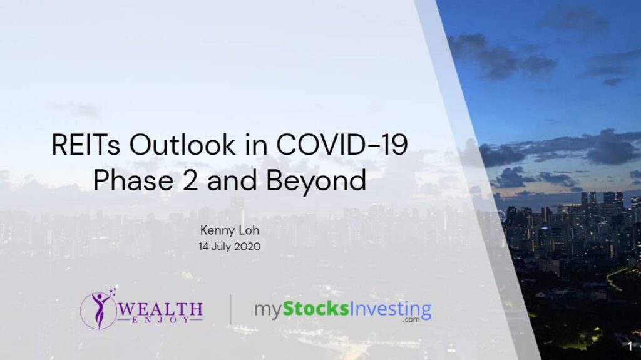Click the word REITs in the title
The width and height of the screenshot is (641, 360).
coord(86,145)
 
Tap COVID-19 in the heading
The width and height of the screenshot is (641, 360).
coord(342,145)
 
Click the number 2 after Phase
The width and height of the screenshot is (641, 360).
coord(190,180)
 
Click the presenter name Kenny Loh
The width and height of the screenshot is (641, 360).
coord(230,230)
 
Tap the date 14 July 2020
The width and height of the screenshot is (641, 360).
coord(230,247)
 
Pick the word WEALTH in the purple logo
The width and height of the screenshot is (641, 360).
coord(160,309)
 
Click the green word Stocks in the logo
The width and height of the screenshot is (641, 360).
coord(316,309)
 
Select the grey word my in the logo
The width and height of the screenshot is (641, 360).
coord(268,311)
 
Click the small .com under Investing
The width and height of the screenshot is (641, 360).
coord(411,319)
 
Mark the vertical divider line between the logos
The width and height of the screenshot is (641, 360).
coord(231,310)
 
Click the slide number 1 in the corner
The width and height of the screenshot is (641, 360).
coord(630,346)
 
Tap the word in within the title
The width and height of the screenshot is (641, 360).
coord(256,145)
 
